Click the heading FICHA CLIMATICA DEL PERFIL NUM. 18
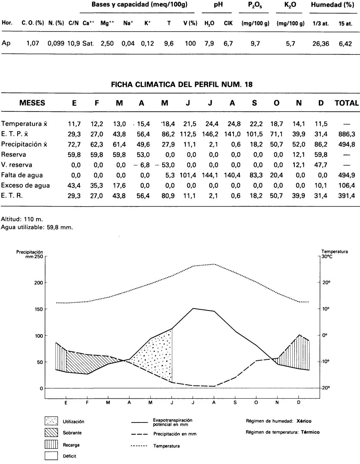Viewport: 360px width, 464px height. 182,85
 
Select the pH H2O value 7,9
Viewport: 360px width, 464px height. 209,43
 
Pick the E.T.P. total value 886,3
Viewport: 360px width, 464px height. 346,134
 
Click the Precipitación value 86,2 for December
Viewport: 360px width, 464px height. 321,145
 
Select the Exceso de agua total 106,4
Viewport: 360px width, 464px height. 346,186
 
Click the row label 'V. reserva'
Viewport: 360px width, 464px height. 16,165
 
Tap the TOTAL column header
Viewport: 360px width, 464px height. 346,103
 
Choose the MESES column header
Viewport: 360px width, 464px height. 32,103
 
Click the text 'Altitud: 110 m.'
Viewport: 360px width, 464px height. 22,219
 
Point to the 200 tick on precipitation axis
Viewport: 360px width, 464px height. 39,283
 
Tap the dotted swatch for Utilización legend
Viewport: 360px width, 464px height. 51,421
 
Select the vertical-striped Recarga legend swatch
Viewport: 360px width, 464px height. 51,445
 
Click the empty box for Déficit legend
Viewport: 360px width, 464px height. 51,456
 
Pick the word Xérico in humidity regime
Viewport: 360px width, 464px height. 304,421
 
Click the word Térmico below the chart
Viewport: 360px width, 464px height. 310,432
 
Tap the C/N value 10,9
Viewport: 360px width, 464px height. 73,43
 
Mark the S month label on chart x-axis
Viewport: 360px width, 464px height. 235,403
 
